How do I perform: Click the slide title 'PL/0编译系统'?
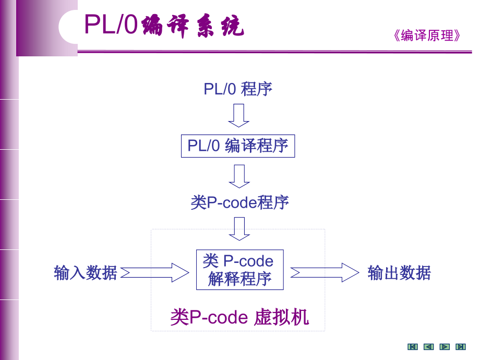coord(164,25)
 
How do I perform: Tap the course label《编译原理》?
coord(427,35)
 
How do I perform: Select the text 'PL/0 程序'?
coord(238,89)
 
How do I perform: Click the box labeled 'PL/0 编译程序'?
coord(238,146)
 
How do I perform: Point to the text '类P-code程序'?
coord(239,202)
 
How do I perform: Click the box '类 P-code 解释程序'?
coord(239,270)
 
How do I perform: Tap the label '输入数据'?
coord(86,272)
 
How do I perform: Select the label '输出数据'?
coord(399,272)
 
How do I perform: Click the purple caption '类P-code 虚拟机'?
coord(239,317)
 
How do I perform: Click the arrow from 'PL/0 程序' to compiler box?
coord(239,115)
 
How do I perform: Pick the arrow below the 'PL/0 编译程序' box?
coord(239,176)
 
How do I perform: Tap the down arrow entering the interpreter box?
coord(239,229)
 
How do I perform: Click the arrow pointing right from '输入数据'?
coord(155,272)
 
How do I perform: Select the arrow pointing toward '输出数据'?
coord(325,272)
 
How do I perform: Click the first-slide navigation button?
coord(413,347)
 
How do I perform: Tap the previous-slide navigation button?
coord(428,347)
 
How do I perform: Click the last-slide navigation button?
coord(460,347)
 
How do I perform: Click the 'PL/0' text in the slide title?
coord(111,25)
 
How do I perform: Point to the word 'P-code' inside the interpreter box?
coord(248,261)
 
